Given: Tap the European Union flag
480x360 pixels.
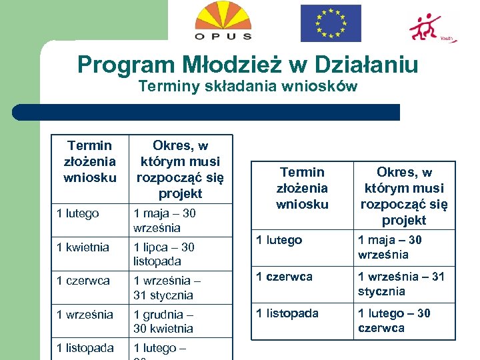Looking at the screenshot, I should click(330, 23).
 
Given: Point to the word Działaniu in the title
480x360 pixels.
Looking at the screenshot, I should click(365, 65).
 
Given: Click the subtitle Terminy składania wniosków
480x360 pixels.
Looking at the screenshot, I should click(247, 86).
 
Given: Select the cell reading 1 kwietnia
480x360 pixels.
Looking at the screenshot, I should click(83, 247).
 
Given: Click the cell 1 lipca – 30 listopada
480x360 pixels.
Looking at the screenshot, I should click(164, 254).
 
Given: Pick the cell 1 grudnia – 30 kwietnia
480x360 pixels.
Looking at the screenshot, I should click(163, 321).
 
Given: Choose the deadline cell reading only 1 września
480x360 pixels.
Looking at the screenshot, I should click(85, 315).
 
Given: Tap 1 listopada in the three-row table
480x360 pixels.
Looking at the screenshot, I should click(288, 313).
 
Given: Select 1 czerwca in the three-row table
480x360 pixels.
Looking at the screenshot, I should click(285, 277).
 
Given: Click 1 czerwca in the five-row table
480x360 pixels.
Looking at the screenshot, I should click(83, 281).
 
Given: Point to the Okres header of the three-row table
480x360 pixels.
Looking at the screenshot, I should click(404, 196).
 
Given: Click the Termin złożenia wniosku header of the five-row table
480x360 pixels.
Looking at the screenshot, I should click(89, 161).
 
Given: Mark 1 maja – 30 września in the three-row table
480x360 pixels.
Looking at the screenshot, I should click(390, 247).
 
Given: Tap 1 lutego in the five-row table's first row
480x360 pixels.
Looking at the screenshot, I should click(78, 213).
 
